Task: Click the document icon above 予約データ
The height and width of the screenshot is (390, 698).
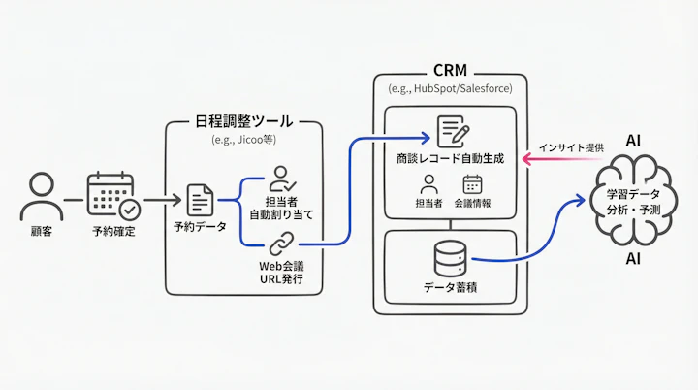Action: [x=200, y=200]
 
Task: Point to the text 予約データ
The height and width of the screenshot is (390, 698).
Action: [x=200, y=230]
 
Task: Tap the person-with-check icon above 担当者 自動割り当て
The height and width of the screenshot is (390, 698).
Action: [x=281, y=179]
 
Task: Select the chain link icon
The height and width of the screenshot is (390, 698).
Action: [x=281, y=243]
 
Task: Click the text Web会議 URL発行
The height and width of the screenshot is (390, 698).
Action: [x=281, y=272]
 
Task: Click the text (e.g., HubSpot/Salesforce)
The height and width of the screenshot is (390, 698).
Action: [x=451, y=88]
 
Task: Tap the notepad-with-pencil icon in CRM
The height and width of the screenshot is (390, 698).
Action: [x=451, y=131]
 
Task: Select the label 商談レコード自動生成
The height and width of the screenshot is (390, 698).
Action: [x=451, y=158]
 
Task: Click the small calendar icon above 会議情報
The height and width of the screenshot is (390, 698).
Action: [x=472, y=183]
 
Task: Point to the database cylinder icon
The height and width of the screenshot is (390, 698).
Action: [x=449, y=256]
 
